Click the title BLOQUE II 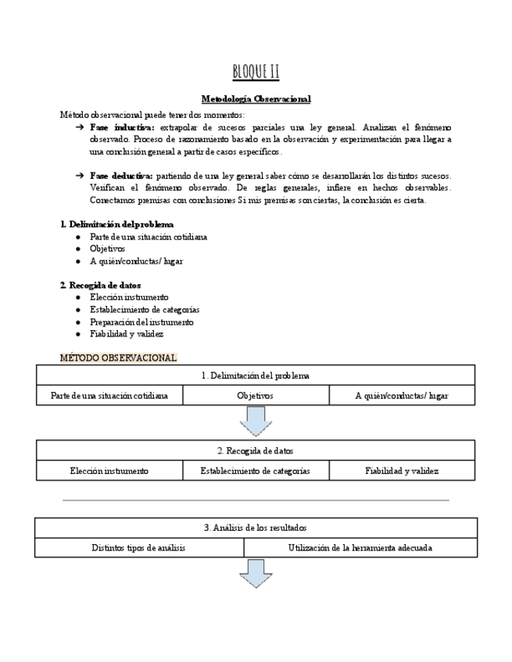click(256, 73)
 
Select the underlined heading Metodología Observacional click(256, 99)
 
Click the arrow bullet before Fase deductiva click(79, 176)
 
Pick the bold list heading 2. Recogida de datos click(100, 285)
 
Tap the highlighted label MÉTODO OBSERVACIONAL click(118, 358)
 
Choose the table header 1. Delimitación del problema click(256, 375)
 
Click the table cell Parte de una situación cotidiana click(109, 396)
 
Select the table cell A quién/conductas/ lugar click(402, 396)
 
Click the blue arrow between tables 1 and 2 click(256, 421)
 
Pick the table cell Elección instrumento click(109, 471)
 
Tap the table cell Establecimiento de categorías click(255, 471)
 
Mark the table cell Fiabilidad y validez click(402, 471)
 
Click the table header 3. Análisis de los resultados click(256, 528)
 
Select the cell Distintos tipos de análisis click(138, 548)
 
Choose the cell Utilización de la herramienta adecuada click(360, 548)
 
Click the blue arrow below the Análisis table click(256, 574)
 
